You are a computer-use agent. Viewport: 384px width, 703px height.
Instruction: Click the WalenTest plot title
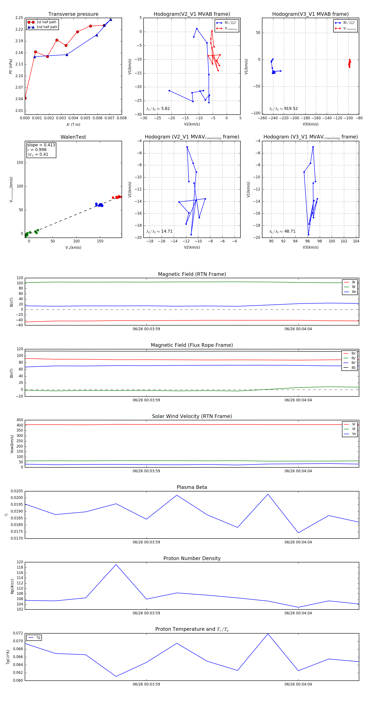[73, 137]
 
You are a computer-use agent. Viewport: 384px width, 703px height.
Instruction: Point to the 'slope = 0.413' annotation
[41, 145]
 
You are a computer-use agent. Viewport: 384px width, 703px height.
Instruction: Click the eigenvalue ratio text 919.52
[291, 109]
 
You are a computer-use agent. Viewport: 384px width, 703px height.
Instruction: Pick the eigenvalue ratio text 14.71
[167, 231]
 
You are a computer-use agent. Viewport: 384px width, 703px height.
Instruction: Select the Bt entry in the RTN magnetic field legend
[353, 287]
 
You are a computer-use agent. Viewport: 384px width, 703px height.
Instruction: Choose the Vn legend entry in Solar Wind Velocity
[354, 434]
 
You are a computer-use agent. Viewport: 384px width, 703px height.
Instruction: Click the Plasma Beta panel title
[192, 487]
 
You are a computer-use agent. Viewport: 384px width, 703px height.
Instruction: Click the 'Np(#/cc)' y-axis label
[12, 586]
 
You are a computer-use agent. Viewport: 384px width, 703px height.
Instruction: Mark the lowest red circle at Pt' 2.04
[25, 98]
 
